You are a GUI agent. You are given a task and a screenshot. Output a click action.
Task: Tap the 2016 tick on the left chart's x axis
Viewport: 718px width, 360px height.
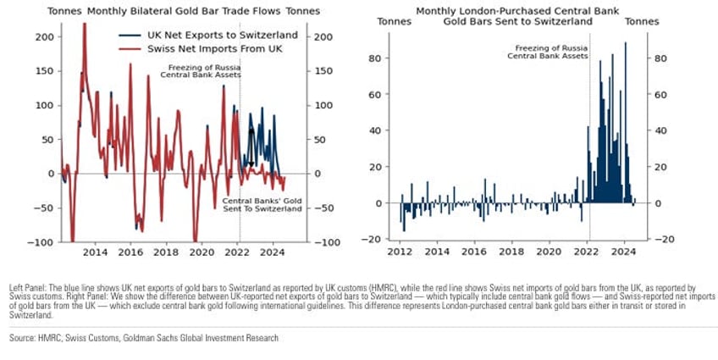130,252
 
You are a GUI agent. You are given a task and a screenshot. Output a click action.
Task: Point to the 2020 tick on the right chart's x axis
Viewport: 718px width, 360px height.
550,252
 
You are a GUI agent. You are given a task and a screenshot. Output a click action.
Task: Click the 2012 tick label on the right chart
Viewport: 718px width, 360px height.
400,252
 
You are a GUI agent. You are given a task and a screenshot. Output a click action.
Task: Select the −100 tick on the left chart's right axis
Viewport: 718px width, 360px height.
325,242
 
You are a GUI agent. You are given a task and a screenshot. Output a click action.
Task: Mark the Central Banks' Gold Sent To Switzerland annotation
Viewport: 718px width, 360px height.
262,204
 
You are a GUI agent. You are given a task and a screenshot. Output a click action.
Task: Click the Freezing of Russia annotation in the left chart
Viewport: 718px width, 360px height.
203,70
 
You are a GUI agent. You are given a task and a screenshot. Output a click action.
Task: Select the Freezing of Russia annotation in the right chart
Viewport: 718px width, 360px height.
552,52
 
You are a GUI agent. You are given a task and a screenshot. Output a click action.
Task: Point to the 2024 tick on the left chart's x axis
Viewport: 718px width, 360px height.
273,252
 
